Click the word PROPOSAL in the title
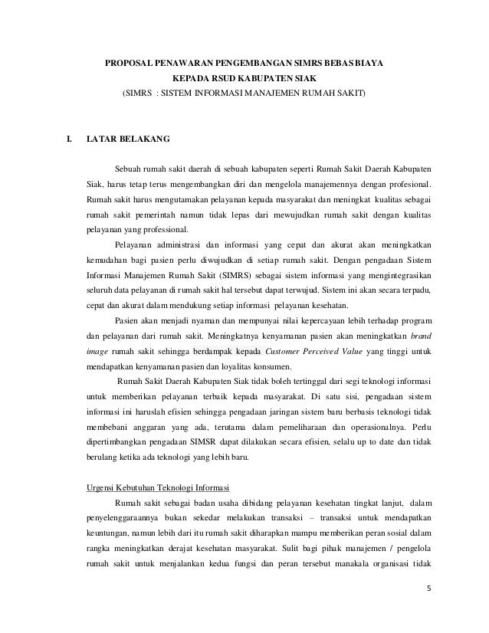129,61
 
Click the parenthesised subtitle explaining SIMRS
244,94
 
